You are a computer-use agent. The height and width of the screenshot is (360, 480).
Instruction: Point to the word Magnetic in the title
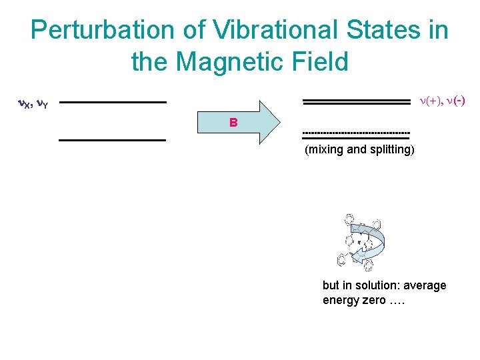point(236,62)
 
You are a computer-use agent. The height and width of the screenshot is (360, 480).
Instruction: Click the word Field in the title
point(320,62)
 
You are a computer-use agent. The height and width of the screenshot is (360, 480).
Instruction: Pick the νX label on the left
point(25,104)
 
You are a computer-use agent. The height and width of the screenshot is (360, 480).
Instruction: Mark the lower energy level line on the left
point(112,140)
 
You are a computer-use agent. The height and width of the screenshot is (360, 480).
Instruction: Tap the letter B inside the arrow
point(233,123)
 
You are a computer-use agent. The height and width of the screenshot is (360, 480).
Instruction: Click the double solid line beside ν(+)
point(356,101)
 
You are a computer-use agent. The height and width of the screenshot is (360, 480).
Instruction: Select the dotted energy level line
point(356,132)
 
